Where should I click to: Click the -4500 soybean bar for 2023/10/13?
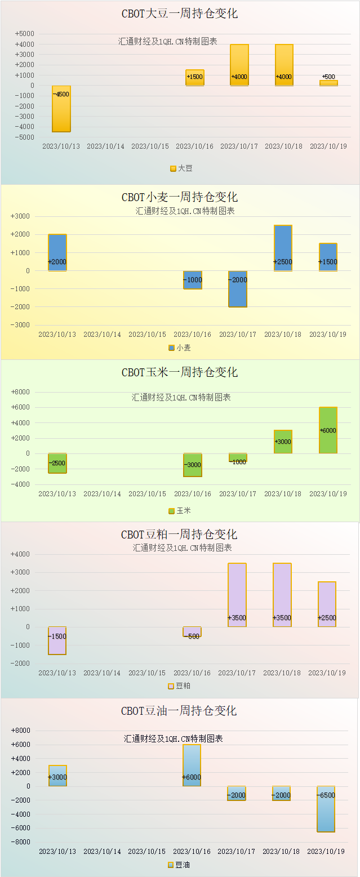click(x=61, y=109)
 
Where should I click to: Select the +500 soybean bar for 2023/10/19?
click(x=328, y=83)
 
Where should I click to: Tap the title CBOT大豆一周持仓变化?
click(x=180, y=14)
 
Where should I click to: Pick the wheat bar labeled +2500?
click(x=283, y=248)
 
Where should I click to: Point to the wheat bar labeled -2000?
click(x=237, y=289)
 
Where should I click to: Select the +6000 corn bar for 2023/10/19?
click(x=328, y=430)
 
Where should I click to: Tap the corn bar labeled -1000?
click(x=237, y=457)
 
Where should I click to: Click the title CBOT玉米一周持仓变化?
click(x=180, y=372)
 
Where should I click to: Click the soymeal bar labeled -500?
click(x=192, y=631)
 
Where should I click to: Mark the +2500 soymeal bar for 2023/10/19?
click(x=327, y=604)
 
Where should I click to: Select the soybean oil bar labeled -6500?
click(x=326, y=809)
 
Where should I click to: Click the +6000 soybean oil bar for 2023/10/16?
click(x=192, y=765)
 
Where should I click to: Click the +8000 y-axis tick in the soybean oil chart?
click(x=21, y=731)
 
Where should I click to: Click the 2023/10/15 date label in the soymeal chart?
click(x=147, y=673)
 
